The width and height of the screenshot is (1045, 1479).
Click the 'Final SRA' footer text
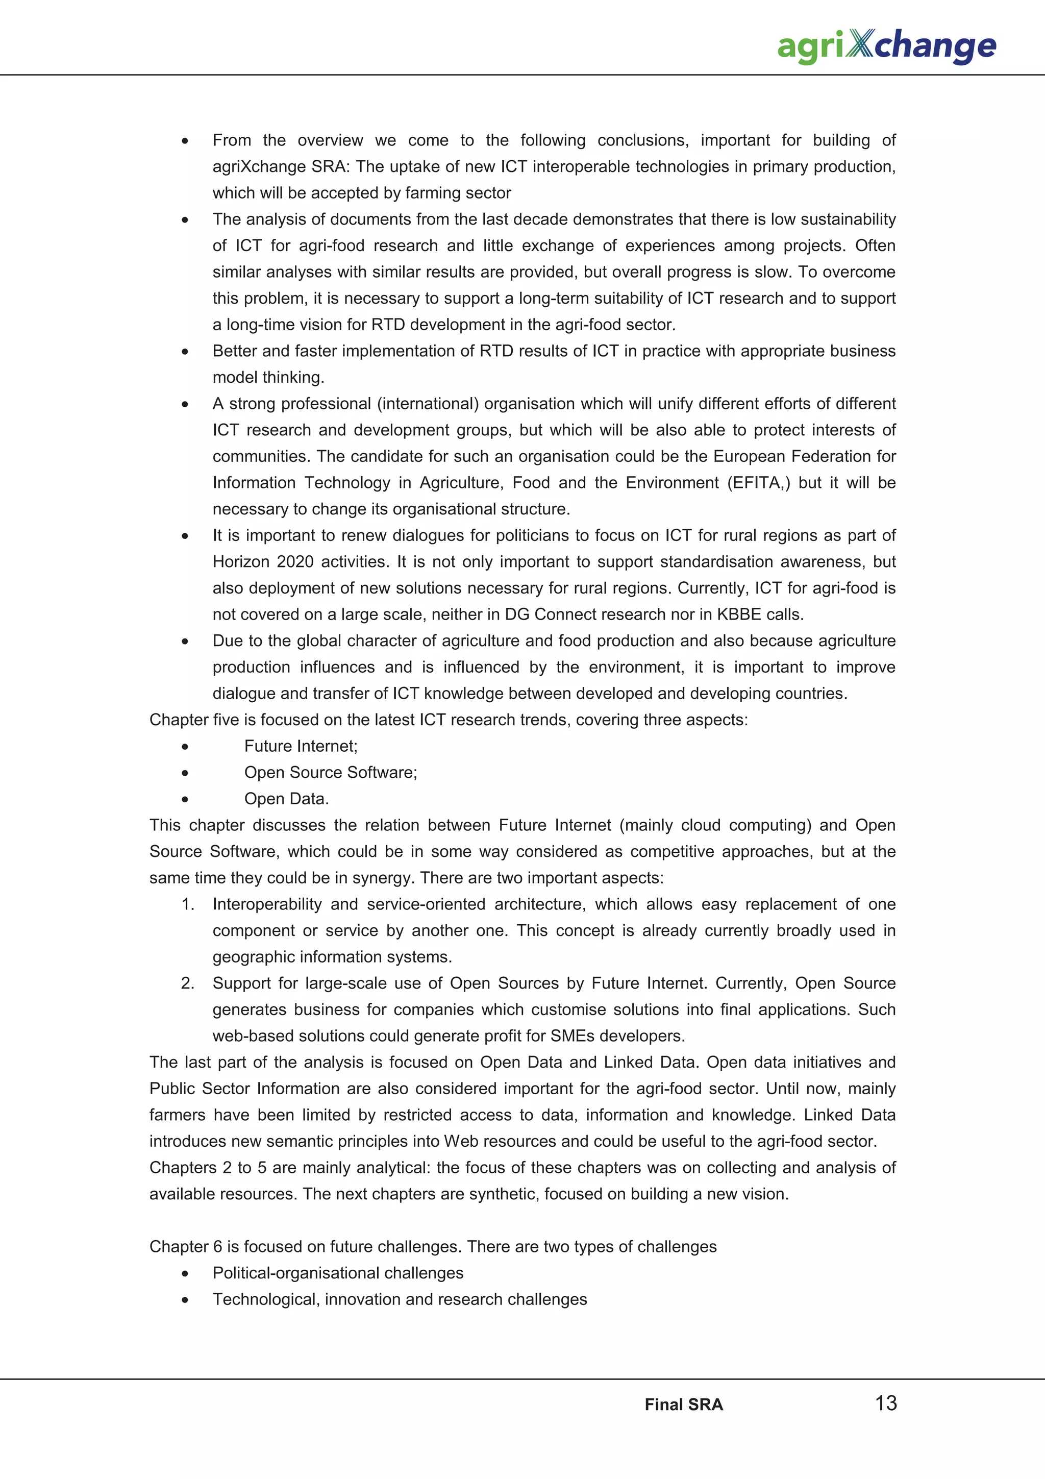(683, 1404)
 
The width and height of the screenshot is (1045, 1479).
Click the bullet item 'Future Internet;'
(300, 746)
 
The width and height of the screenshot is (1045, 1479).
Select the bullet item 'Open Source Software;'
(330, 772)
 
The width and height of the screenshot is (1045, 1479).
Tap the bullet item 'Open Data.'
(286, 799)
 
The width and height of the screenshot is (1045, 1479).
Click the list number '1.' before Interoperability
(187, 904)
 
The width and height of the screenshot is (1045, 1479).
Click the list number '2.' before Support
(187, 983)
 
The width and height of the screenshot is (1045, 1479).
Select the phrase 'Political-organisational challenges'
(337, 1273)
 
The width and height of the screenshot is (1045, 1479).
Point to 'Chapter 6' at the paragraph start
(185, 1246)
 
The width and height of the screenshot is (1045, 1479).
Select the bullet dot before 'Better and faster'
(185, 352)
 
